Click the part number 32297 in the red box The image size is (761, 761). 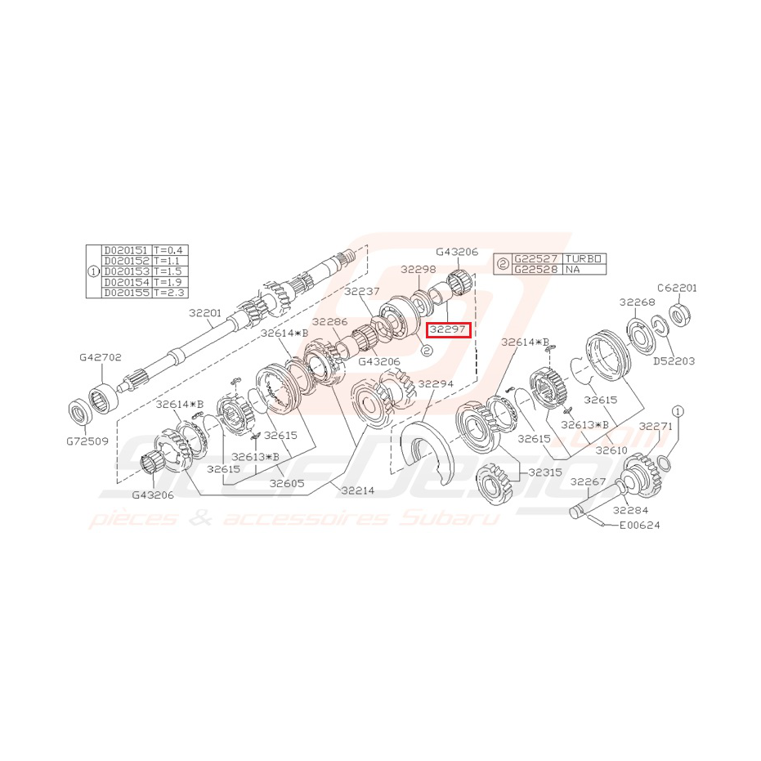point(449,329)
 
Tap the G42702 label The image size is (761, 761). point(100,357)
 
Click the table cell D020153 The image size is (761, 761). point(126,271)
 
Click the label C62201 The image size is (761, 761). point(678,288)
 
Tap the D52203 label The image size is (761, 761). point(674,360)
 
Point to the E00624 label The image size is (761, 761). point(639,525)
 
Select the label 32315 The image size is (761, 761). point(545,472)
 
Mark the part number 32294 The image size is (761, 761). point(435,383)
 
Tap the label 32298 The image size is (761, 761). point(419,269)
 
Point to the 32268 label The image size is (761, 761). point(637,302)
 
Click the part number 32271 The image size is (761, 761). point(656,426)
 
